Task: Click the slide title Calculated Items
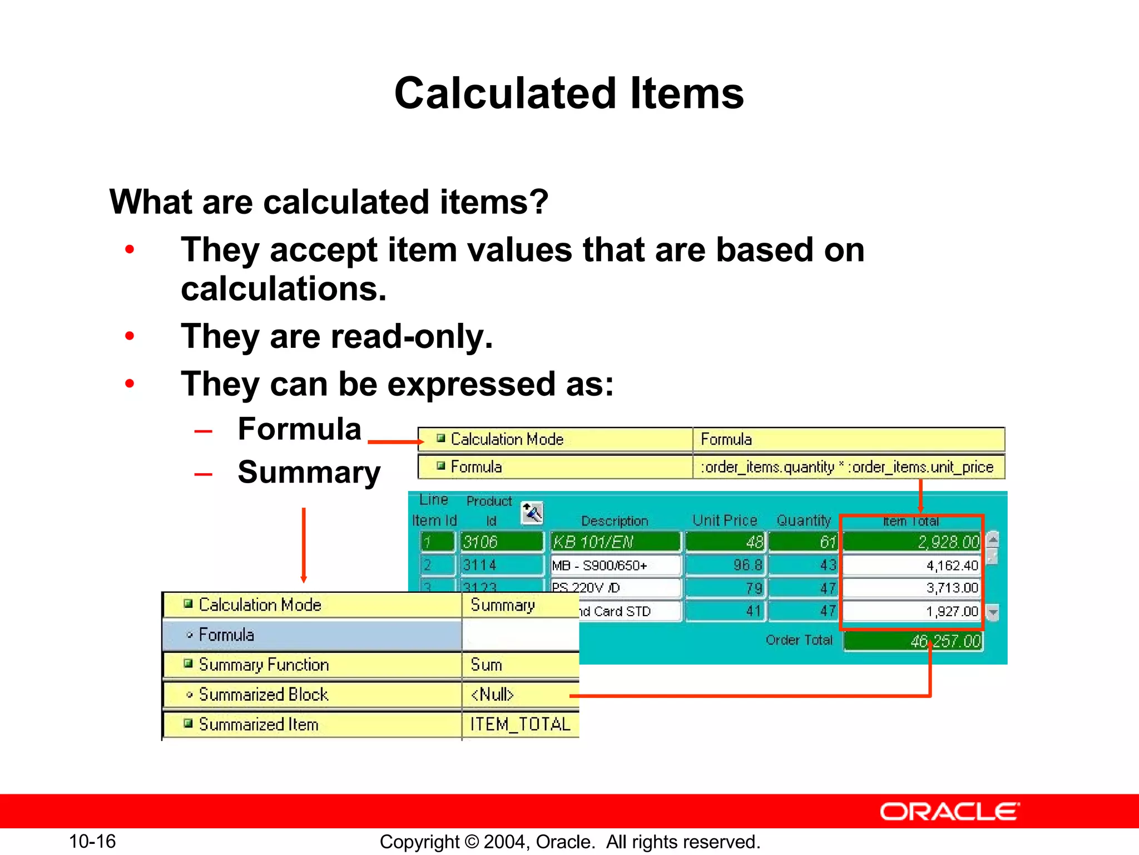coord(568,94)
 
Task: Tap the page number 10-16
coord(92,841)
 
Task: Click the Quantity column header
coord(803,520)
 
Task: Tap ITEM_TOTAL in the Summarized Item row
coord(520,724)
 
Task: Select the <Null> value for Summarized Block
coord(492,695)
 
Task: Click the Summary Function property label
coord(264,665)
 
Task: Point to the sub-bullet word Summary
coord(309,473)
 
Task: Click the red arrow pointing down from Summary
coord(304,546)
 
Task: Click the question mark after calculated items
coord(538,202)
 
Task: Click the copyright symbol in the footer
coord(472,842)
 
